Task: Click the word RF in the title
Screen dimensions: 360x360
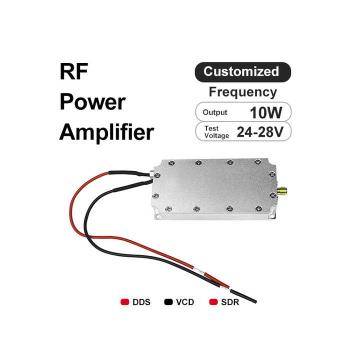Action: click(74, 73)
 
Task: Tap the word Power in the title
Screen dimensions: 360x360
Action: click(92, 102)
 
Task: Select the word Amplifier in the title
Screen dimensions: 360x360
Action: click(106, 133)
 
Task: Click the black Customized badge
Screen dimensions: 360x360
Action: click(242, 71)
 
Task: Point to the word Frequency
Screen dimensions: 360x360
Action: click(242, 92)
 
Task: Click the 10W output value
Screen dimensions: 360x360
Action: click(266, 112)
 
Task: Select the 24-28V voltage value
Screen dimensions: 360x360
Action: click(260, 131)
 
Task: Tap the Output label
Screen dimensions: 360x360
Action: click(215, 112)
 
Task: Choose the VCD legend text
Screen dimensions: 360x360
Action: click(185, 302)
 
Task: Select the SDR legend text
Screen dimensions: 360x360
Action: click(230, 302)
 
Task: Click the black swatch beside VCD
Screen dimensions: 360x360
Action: click(168, 302)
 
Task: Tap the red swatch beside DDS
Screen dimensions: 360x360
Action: click(125, 302)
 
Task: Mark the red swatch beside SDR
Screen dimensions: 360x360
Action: click(213, 302)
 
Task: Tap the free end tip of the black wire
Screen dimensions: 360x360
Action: click(255, 302)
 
